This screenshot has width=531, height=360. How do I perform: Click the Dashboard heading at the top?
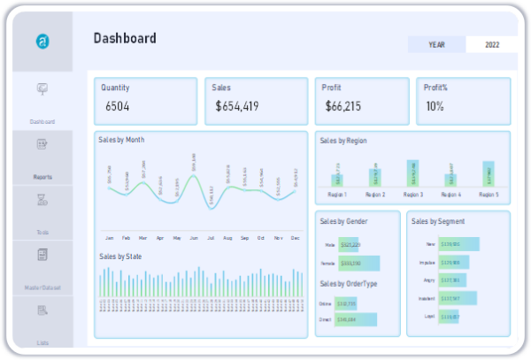click(125, 38)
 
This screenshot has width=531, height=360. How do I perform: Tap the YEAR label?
click(436, 44)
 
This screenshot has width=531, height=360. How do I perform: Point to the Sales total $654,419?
click(236, 106)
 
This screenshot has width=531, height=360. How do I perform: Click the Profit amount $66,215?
click(343, 106)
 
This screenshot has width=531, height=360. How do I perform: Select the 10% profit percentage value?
click(435, 106)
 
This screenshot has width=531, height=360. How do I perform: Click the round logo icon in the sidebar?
click(42, 42)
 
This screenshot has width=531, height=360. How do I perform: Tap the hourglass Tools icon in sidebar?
click(42, 201)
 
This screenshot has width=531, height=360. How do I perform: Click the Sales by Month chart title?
click(122, 140)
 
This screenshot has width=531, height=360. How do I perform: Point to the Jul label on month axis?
click(211, 238)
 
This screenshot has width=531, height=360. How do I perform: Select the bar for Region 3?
click(413, 173)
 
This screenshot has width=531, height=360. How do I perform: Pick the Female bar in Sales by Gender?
click(359, 264)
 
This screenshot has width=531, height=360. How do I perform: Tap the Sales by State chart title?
click(120, 257)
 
